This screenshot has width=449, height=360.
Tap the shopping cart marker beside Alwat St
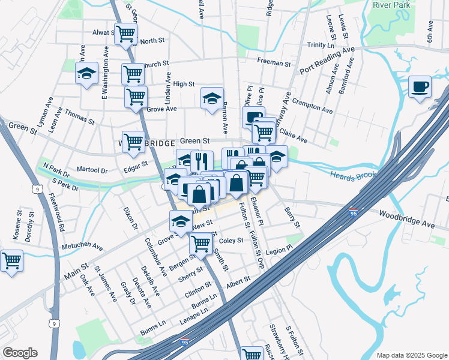125,34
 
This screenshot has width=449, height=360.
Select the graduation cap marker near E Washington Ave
86,74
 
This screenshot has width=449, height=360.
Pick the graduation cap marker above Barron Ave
211,99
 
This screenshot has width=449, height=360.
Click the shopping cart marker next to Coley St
200,244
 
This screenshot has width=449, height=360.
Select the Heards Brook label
350,174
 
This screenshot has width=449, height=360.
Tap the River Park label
391,4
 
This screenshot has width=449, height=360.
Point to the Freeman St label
274,62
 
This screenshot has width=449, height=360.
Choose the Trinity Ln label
321,45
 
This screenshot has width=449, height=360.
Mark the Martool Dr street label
92,170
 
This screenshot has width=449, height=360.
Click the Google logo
20,353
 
